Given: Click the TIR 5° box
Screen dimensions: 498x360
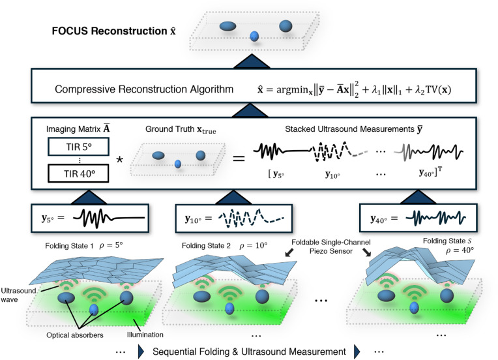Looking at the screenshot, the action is coord(78,147).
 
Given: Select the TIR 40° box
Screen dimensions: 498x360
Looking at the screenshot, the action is coord(78,173).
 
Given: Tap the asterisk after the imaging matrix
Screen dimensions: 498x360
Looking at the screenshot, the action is coord(119,160).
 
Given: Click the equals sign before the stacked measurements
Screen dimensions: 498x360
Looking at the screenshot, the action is coord(239,158).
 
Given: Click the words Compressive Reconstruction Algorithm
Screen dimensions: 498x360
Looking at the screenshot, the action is coord(144,89).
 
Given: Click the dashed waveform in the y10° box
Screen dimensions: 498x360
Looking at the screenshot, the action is coord(251,218).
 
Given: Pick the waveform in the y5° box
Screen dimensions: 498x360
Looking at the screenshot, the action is coord(109,218).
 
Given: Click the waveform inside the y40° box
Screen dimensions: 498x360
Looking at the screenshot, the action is coord(435,218).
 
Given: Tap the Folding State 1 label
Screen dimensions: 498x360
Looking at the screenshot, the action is coord(69,246).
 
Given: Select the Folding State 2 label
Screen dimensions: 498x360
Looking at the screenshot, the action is coord(206,246).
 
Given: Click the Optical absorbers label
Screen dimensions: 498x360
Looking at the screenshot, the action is coord(75,335).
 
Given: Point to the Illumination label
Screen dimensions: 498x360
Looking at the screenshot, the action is coord(145,335).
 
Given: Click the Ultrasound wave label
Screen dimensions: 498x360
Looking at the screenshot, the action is coord(18,295).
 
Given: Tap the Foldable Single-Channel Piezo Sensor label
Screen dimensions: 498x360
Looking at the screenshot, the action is coord(331,247).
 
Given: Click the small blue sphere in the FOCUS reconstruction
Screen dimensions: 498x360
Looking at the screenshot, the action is coord(254,36).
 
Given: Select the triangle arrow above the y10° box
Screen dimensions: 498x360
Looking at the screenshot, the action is coord(233,197).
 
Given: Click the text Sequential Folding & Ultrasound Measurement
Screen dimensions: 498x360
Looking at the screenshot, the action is coord(249,352).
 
